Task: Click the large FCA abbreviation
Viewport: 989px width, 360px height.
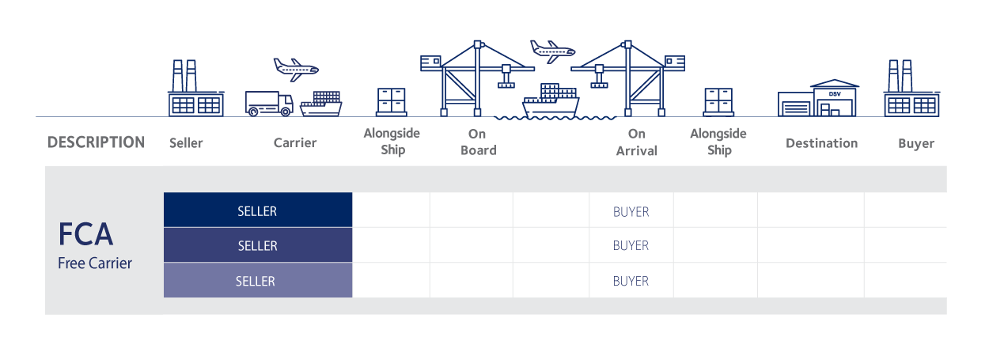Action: [x=85, y=235]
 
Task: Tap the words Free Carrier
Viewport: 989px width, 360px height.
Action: [x=95, y=263]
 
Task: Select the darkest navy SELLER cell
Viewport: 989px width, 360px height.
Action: [x=257, y=211]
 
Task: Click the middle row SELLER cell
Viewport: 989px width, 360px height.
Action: [x=257, y=246]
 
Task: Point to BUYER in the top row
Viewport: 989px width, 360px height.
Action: [x=631, y=212]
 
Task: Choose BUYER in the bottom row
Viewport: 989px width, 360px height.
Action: [x=631, y=281]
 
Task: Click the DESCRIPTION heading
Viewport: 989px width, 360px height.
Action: [x=96, y=143]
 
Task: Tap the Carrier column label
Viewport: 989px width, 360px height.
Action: [x=295, y=143]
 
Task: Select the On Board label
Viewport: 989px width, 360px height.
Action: [x=478, y=142]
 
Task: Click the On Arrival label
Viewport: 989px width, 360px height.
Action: [x=636, y=142]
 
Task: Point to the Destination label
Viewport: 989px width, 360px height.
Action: [x=821, y=143]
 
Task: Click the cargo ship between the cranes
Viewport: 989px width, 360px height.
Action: [x=551, y=101]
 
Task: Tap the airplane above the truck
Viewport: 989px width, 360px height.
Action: [x=295, y=68]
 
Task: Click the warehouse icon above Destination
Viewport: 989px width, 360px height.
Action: [x=819, y=97]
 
